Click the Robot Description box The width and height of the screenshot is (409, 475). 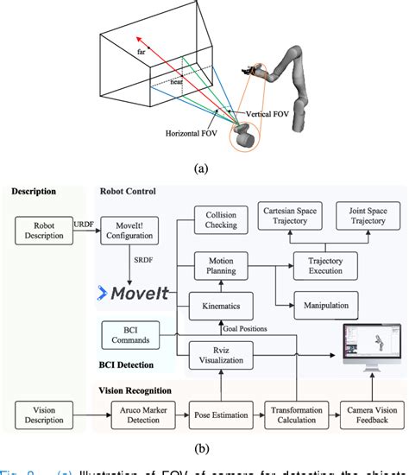44,229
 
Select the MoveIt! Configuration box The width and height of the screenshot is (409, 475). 129,229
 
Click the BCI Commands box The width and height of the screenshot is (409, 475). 129,334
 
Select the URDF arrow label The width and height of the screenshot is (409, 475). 84,222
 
